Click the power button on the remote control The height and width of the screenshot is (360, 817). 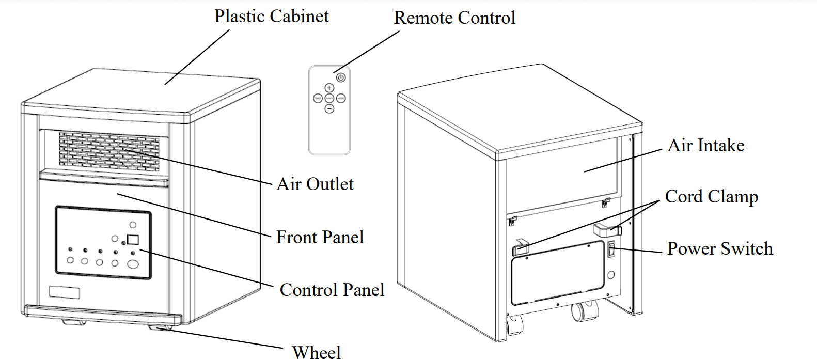coord(341,77)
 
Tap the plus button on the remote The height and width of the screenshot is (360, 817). coord(329,88)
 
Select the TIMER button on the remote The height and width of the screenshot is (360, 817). coord(318,98)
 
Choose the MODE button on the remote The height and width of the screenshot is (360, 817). coord(341,98)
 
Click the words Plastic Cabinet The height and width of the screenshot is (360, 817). coord(272,17)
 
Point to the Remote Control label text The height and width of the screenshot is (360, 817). coord(454,18)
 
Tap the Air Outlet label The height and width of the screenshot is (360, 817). coord(315,184)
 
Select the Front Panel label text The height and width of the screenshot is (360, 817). coord(320,238)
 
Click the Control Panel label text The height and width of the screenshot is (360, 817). coord(332,290)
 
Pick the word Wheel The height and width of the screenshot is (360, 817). coord(317,352)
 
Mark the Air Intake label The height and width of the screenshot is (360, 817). coord(706,146)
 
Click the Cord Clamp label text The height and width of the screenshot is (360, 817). coord(711,197)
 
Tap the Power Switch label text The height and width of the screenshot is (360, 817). coord(720,249)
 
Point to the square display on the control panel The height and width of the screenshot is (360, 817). coord(133,240)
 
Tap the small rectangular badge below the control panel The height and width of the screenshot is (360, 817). coord(65,292)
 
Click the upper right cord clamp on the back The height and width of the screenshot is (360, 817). coord(607,228)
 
